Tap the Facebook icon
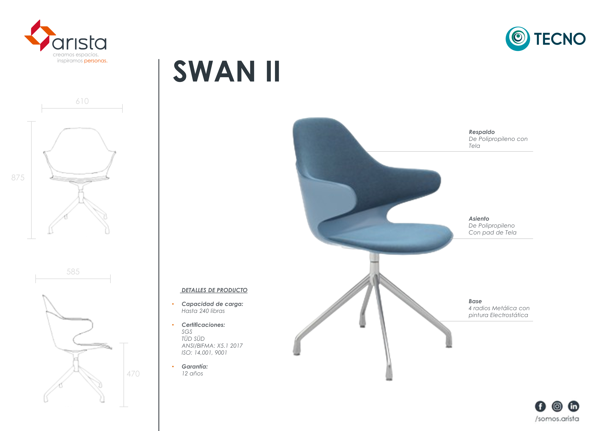(x=540, y=406)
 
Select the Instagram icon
(x=557, y=406)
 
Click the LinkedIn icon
(x=574, y=406)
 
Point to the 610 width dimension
(x=82, y=101)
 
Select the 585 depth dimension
(x=73, y=272)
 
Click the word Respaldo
(x=482, y=132)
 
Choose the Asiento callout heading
(x=479, y=218)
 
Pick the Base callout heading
(x=475, y=301)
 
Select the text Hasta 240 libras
(x=203, y=311)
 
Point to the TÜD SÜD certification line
(x=193, y=339)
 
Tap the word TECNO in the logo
(x=560, y=39)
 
